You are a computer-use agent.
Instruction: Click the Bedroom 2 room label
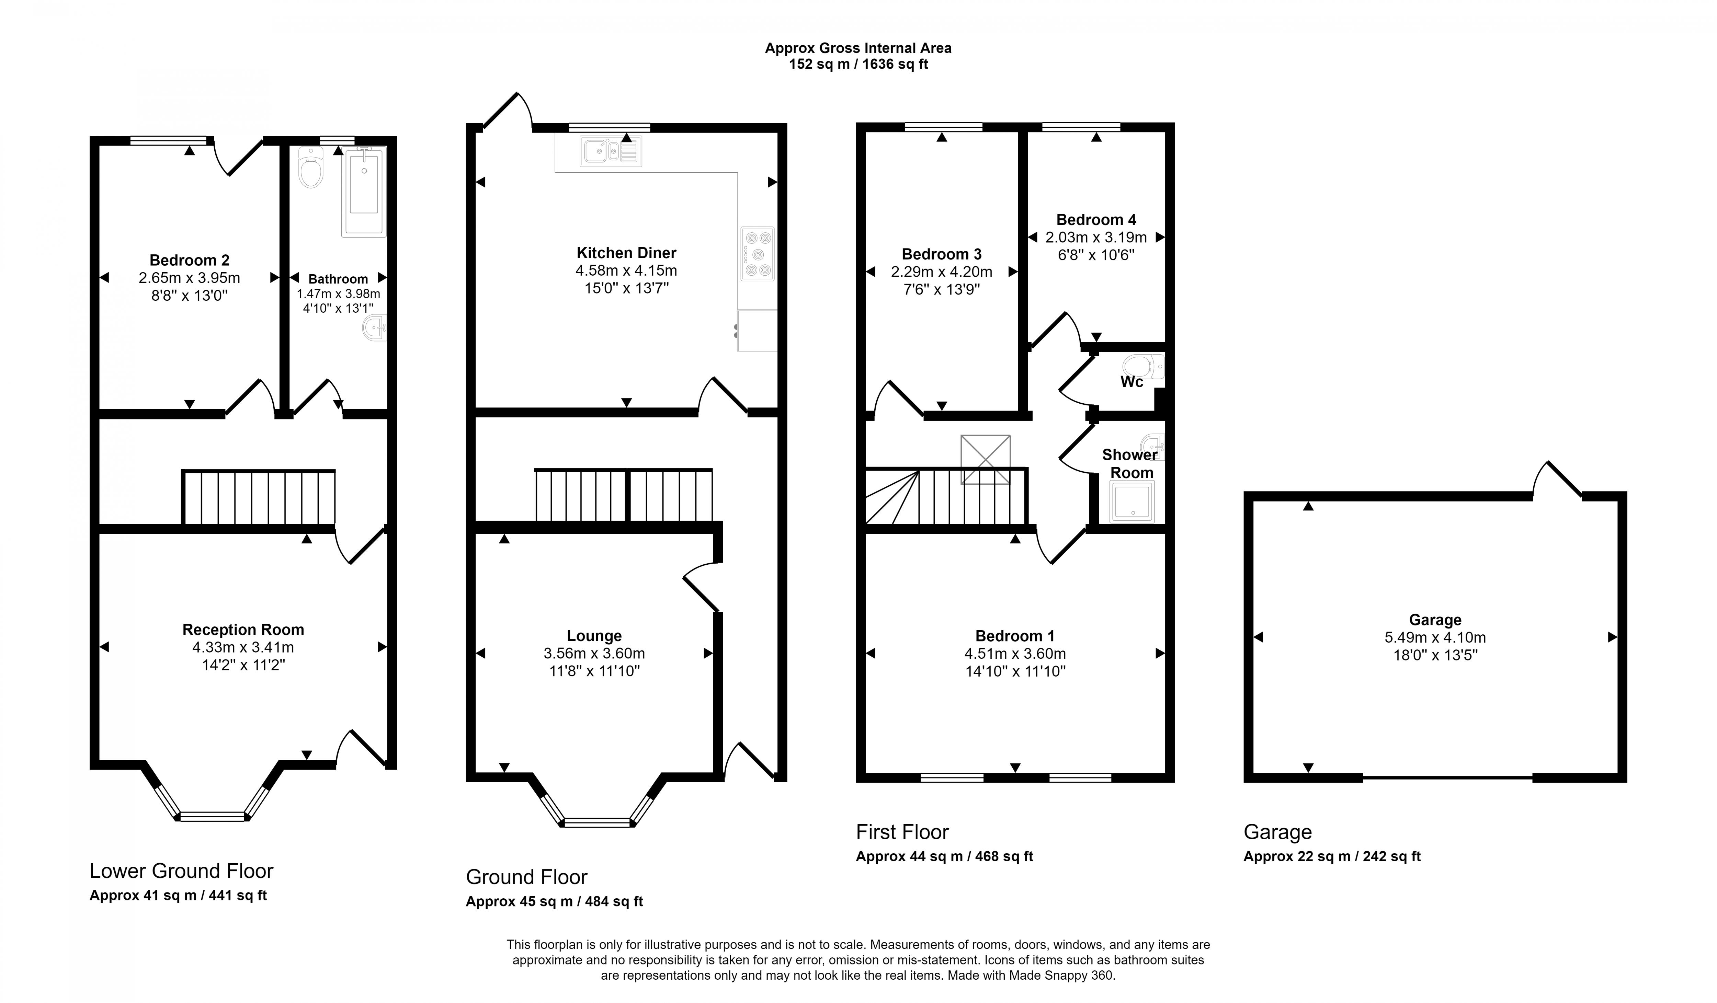[x=190, y=260]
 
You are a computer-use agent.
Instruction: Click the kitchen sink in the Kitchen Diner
[x=611, y=151]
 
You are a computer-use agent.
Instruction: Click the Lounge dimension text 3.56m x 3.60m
[x=594, y=654]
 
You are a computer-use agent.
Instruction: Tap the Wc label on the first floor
[x=1132, y=382]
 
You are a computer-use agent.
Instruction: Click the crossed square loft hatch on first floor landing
[x=985, y=460]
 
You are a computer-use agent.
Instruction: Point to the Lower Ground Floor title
[x=181, y=871]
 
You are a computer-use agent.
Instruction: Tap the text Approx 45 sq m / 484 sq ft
[x=554, y=901]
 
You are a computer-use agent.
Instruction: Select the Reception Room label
[x=243, y=630]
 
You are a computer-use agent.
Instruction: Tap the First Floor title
[x=902, y=832]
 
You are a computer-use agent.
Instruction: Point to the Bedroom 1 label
[x=1014, y=636]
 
